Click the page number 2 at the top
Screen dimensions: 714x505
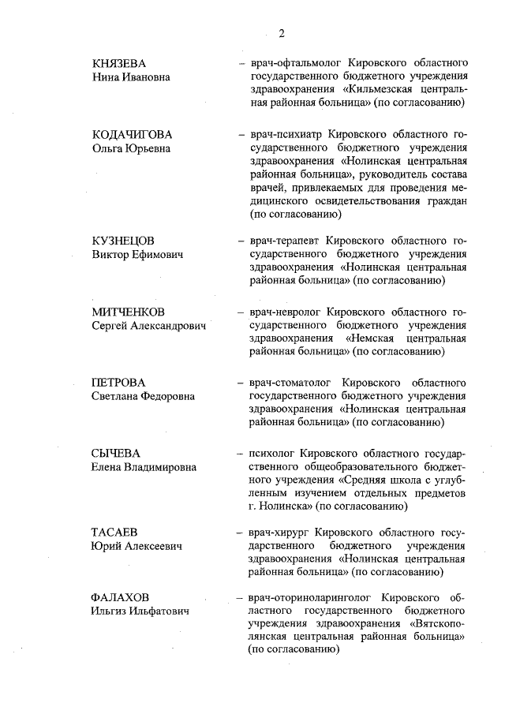281,32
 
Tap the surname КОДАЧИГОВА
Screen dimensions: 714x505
132,134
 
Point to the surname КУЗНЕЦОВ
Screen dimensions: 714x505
124,241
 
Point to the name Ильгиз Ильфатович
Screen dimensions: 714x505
140,611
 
